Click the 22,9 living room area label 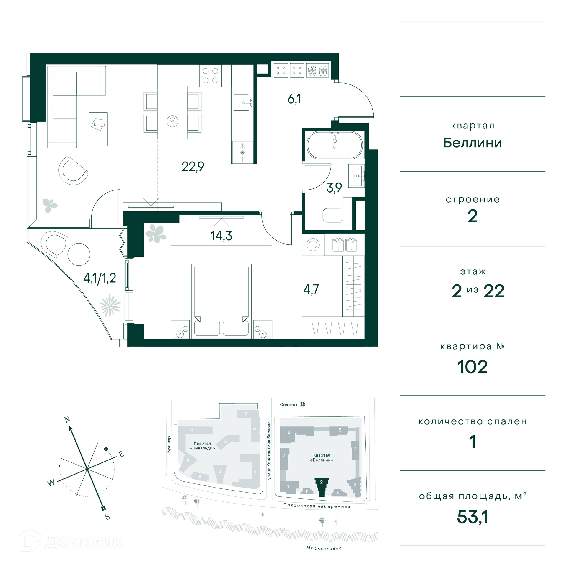click(x=193, y=167)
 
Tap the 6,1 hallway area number click(x=294, y=99)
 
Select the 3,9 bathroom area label click(x=334, y=188)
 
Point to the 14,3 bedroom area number click(x=221, y=236)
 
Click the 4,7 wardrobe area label click(x=311, y=289)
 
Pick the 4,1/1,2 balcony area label click(x=100, y=278)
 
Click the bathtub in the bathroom click(x=335, y=145)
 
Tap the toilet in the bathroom click(x=333, y=215)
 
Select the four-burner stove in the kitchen click(x=211, y=76)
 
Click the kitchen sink click(x=242, y=102)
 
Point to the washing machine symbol click(x=313, y=245)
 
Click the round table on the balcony click(x=79, y=254)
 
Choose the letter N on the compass click(x=67, y=419)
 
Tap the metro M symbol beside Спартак click(x=302, y=405)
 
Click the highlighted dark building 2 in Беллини click(x=322, y=487)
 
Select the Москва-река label click(x=324, y=548)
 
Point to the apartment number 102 click(x=472, y=367)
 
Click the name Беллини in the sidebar click(x=472, y=143)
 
